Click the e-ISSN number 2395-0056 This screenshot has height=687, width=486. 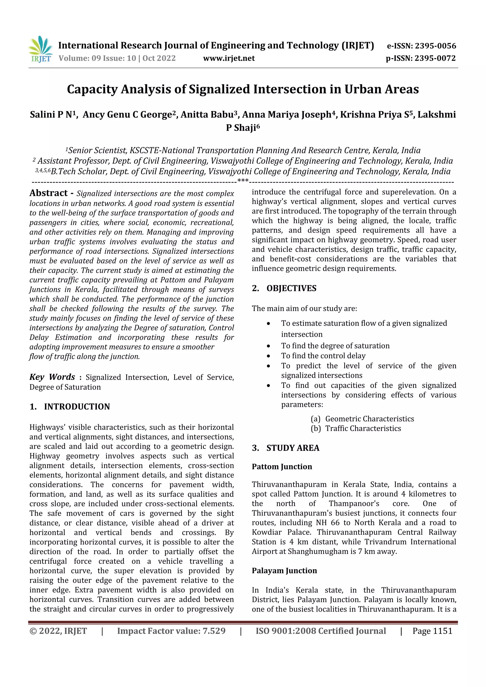435,46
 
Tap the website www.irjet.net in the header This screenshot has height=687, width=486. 229,58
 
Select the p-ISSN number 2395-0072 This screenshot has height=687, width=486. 435,58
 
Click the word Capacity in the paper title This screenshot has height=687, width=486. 92,89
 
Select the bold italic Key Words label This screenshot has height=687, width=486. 52,377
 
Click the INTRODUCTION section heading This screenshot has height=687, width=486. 77,407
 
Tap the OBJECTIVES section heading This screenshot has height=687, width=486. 291,288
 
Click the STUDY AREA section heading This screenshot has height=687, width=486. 293,448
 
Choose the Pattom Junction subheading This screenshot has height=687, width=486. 282,467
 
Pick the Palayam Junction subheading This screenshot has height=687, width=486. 284,571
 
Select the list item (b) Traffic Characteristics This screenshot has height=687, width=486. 356,429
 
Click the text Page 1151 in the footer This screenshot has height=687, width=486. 432,631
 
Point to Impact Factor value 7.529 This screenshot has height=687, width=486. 171,631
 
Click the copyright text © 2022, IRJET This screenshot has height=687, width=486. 58,631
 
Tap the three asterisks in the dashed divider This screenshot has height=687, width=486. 243,181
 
